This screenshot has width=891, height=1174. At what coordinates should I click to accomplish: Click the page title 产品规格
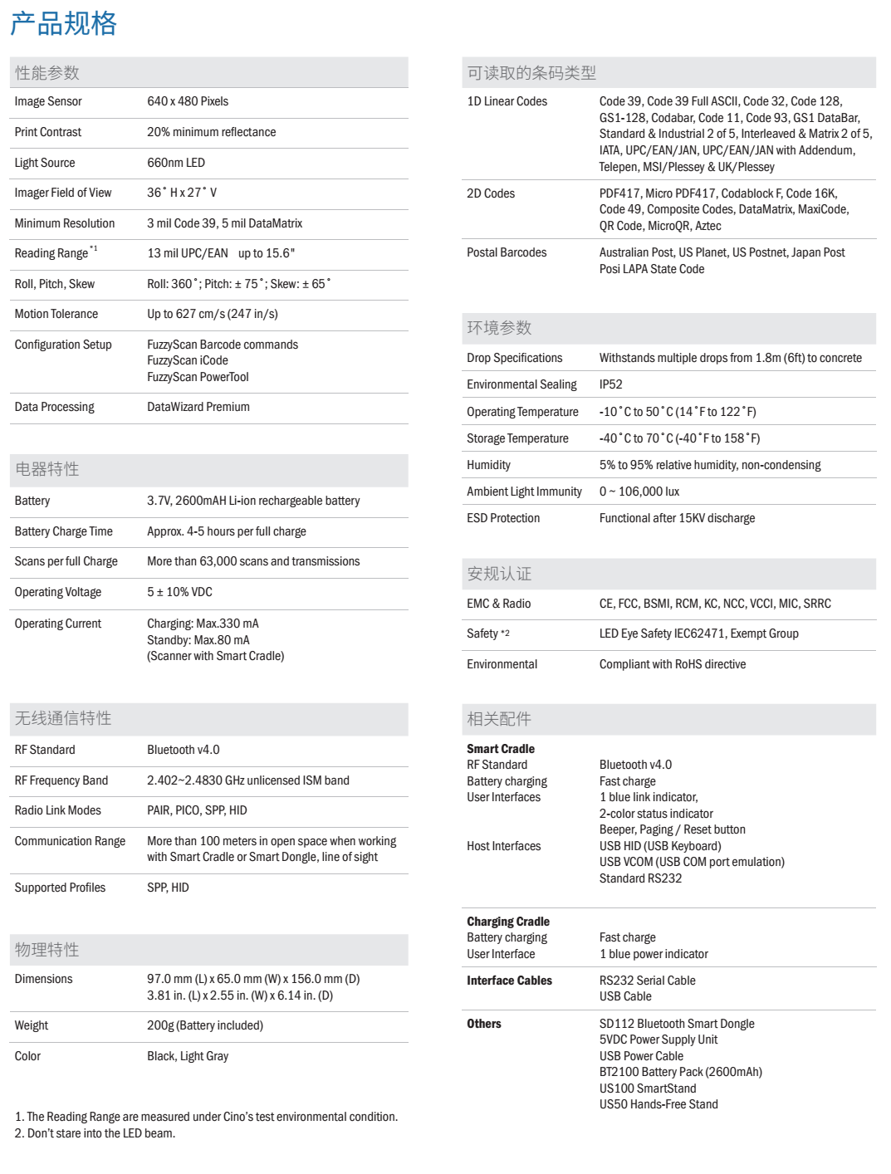coord(63,23)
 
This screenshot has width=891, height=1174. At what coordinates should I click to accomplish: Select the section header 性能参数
coord(47,73)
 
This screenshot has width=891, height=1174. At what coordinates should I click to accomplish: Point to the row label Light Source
coord(45,163)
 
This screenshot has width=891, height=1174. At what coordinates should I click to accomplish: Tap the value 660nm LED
coord(176,163)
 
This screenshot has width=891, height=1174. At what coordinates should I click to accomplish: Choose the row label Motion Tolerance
coord(56,314)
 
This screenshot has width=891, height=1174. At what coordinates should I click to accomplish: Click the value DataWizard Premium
coord(198,407)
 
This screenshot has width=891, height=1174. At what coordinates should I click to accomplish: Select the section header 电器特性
coord(47,469)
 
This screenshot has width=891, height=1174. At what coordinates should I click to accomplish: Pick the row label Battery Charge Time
coord(64,531)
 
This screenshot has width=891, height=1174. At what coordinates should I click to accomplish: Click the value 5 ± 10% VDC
coord(179,592)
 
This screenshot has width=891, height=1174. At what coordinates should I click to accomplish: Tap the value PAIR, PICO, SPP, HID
coord(197,810)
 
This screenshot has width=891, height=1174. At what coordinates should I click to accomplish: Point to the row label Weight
coord(32,1025)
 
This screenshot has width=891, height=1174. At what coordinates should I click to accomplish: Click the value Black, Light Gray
coord(188,1056)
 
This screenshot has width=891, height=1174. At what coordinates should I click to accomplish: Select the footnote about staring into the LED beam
coord(95,1133)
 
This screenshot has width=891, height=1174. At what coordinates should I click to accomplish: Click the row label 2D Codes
coord(491,193)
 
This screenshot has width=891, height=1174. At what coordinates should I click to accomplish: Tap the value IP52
coord(610,384)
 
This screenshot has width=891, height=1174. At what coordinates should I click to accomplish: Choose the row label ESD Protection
coord(503,518)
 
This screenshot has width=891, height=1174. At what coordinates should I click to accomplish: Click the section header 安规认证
coord(499,574)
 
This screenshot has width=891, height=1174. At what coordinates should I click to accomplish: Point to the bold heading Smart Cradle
coord(501,749)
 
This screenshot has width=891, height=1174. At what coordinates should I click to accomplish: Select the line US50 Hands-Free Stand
coord(658,1104)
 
